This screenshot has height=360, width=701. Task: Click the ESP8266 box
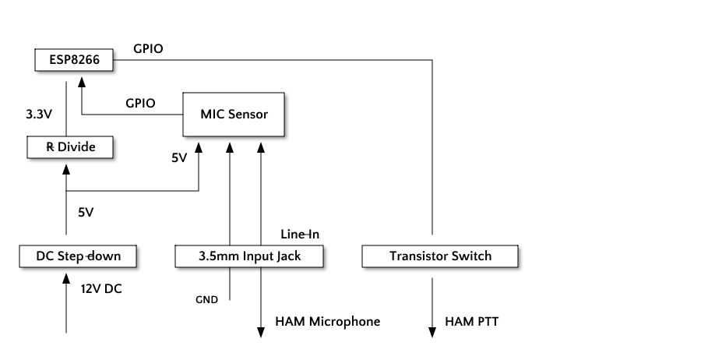click(x=74, y=60)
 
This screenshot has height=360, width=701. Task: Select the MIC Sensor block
click(x=234, y=115)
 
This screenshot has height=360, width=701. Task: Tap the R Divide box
click(x=70, y=147)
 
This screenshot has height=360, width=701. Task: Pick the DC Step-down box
click(x=78, y=256)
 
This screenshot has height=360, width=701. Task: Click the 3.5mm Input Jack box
click(x=249, y=256)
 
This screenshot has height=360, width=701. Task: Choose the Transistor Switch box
click(x=440, y=256)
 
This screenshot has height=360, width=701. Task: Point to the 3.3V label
click(x=39, y=115)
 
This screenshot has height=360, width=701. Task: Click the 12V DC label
click(x=101, y=289)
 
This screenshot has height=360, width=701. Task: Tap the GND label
click(x=206, y=300)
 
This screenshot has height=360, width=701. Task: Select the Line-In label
click(x=300, y=234)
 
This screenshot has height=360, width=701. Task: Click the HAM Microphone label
click(x=328, y=322)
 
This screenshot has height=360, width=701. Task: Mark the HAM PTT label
click(x=472, y=322)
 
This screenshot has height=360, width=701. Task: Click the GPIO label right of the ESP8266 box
click(x=148, y=49)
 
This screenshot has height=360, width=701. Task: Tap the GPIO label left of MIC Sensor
click(x=140, y=104)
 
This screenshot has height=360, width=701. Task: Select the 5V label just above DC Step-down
click(x=86, y=213)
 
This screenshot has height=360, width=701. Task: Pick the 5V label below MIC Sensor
click(x=179, y=158)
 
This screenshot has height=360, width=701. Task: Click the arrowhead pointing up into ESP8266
click(x=82, y=82)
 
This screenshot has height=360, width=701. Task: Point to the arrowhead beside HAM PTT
click(x=432, y=332)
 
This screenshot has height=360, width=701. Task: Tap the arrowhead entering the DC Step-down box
click(x=66, y=279)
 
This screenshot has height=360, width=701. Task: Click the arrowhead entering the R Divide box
click(x=66, y=170)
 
